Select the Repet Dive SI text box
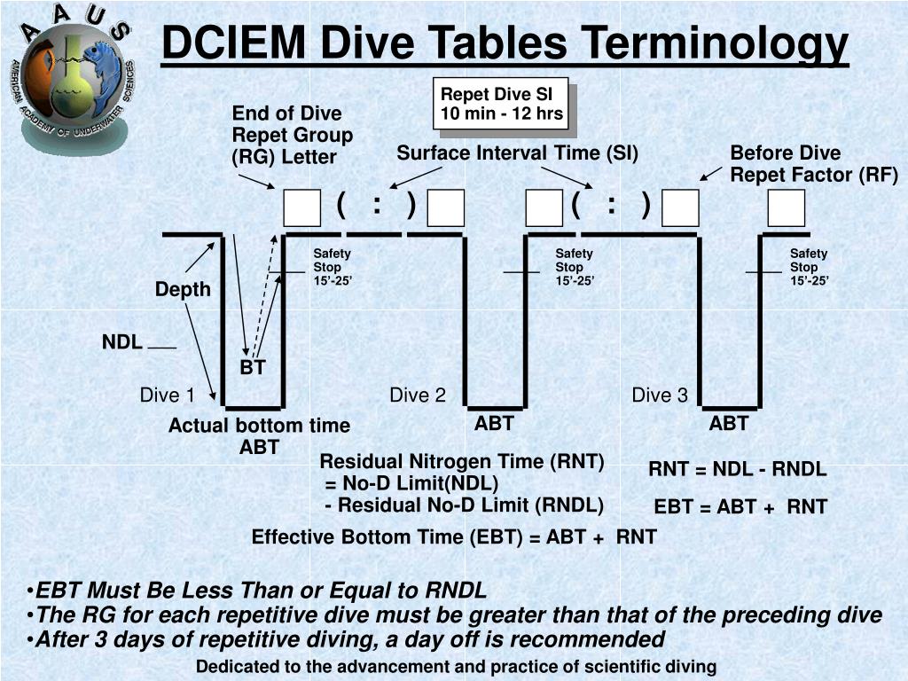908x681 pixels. pos(502,104)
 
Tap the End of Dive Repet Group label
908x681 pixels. pos(292,135)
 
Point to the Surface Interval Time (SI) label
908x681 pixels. pos(517,153)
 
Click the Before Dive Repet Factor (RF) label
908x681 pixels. pos(813,163)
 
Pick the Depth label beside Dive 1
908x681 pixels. pos(183,289)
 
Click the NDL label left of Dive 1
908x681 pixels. pos(121,342)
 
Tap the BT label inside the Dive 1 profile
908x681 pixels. pos(253,367)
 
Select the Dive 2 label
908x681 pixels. pos(418,395)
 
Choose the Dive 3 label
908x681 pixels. pos(659,395)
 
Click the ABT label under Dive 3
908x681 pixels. pos(728,424)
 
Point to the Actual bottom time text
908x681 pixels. pos(259,427)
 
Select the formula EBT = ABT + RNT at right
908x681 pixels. pos(740,507)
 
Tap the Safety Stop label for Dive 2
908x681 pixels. pos(574,267)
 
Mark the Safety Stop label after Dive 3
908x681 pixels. pos(809,267)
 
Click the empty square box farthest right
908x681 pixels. pos(786,208)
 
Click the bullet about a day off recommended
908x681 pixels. pos(349,639)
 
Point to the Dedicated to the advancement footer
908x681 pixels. pos(456,667)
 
